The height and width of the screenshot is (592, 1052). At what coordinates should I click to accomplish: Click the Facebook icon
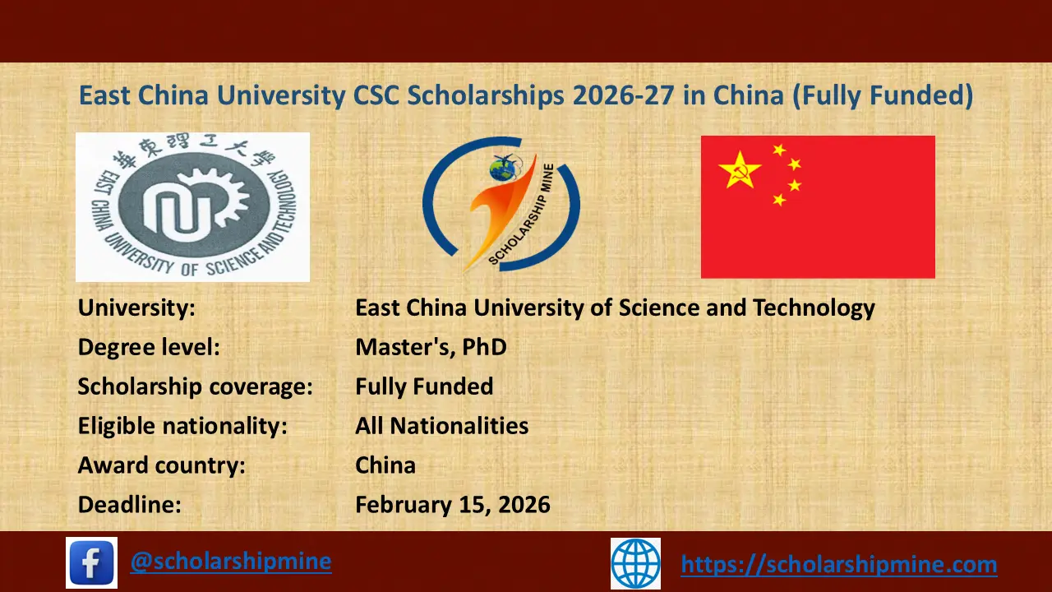[91, 562]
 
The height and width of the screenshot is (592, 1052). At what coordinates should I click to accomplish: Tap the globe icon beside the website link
[635, 563]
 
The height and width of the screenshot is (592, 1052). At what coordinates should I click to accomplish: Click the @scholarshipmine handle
[231, 562]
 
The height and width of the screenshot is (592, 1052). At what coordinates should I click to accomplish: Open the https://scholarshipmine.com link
[839, 564]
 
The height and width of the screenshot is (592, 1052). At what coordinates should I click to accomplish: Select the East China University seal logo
[192, 207]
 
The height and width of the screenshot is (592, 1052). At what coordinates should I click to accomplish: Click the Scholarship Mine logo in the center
[501, 206]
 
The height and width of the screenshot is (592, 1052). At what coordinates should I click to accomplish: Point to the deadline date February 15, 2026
[453, 504]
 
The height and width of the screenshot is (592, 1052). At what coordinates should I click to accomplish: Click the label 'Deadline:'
[129, 504]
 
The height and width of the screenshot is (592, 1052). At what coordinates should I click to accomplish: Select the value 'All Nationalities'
[441, 426]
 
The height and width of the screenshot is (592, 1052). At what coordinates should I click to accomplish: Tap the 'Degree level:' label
[149, 347]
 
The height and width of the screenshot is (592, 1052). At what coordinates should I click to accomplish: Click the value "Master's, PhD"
[431, 347]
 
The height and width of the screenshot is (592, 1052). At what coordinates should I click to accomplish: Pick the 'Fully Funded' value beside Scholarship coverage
[424, 386]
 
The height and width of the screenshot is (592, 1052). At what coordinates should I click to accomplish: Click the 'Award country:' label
[162, 465]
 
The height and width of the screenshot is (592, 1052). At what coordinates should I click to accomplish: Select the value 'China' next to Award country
[385, 465]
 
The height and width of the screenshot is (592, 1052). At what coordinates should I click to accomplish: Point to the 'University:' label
[136, 308]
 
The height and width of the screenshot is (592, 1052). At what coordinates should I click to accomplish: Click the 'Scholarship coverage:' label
[195, 386]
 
